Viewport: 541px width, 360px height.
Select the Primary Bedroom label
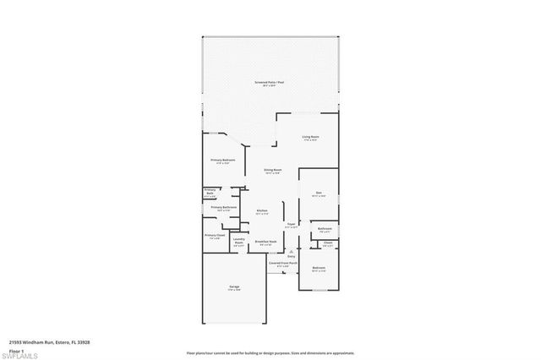tap(222, 161)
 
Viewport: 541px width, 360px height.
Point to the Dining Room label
tap(272, 171)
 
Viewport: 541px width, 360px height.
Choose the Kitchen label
tap(262, 212)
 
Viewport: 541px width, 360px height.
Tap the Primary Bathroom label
tap(222, 208)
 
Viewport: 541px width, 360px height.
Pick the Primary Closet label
tap(214, 237)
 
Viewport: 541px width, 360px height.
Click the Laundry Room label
tap(238, 243)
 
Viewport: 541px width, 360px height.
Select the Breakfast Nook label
tap(266, 243)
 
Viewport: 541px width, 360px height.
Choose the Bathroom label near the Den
tap(324, 229)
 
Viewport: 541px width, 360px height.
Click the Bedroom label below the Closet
tap(318, 269)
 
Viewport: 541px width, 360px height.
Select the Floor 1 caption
tap(15, 350)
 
